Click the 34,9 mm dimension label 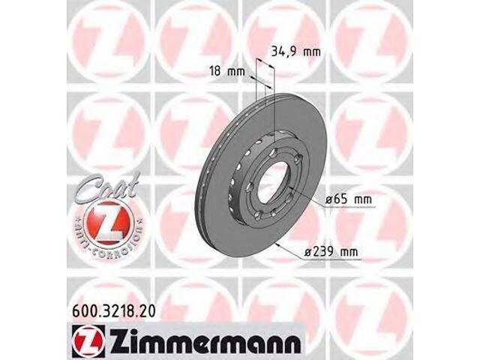pos(289,52)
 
